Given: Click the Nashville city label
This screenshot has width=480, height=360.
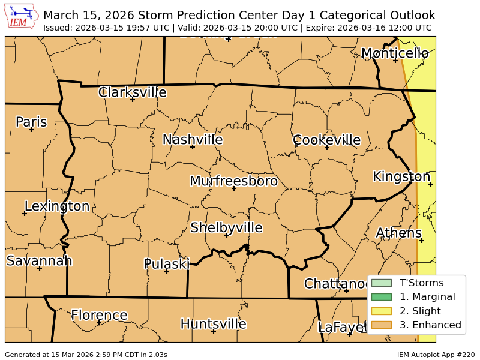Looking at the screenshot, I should pyautogui.click(x=193, y=140).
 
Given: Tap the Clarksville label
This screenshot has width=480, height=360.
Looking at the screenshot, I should pyautogui.click(x=132, y=92).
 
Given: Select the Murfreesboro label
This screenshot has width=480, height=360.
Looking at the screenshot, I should pyautogui.click(x=233, y=181).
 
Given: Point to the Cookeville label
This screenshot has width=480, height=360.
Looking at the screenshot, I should pyautogui.click(x=326, y=140).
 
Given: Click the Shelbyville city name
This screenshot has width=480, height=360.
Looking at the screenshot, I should pyautogui.click(x=226, y=228).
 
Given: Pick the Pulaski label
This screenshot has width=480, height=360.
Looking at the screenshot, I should pyautogui.click(x=167, y=264).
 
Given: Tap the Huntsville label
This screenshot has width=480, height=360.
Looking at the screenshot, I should pyautogui.click(x=213, y=324).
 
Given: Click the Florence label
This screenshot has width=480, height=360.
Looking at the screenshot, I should pyautogui.click(x=99, y=316).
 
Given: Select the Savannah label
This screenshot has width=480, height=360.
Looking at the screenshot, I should pyautogui.click(x=39, y=261).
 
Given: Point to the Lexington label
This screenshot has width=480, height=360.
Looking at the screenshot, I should pyautogui.click(x=56, y=206).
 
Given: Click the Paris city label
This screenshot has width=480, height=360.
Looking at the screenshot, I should pyautogui.click(x=31, y=122).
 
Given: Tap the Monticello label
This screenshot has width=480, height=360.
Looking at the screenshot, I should pyautogui.click(x=395, y=53).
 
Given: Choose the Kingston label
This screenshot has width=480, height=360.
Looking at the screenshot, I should pyautogui.click(x=401, y=177).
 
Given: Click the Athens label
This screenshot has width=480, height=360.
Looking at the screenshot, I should pyautogui.click(x=398, y=233).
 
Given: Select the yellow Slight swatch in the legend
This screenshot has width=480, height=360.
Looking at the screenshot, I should pyautogui.click(x=381, y=311).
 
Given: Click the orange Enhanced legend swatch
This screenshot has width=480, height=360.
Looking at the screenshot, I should pyautogui.click(x=381, y=325).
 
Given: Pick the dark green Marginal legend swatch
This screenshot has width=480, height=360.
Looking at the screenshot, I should pyautogui.click(x=381, y=297).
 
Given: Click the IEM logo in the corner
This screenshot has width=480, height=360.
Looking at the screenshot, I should pyautogui.click(x=21, y=16).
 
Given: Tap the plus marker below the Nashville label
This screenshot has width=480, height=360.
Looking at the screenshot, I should pyautogui.click(x=193, y=147).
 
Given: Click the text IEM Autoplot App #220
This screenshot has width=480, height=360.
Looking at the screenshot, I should pyautogui.click(x=435, y=355).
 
